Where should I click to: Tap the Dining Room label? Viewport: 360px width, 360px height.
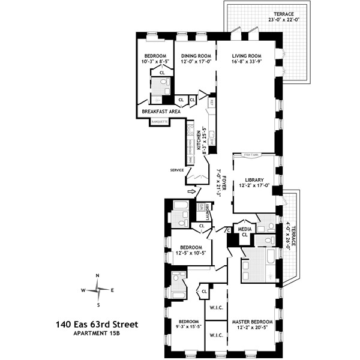click(x=195, y=55)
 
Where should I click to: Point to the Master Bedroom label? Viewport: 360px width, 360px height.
click(x=252, y=322)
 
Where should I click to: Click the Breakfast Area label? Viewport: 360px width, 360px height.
click(x=161, y=112)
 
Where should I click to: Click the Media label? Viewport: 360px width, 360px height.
click(x=244, y=229)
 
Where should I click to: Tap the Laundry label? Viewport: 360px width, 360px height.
click(x=208, y=213)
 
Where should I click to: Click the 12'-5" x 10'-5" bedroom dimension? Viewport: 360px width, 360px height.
click(x=193, y=254)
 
